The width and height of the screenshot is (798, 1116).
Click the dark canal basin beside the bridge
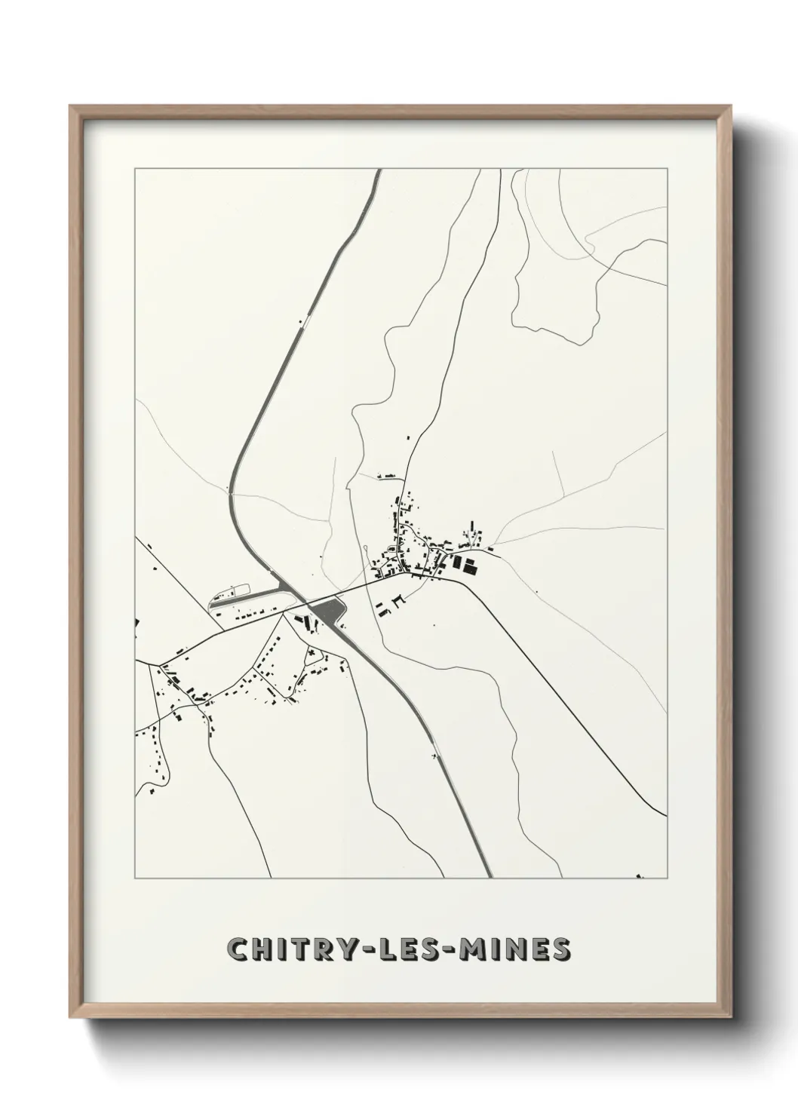pyautogui.click(x=330, y=610)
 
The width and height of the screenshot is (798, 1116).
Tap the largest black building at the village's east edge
pyautogui.click(x=470, y=569)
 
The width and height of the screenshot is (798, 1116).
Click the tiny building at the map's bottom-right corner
pyautogui.click(x=640, y=875)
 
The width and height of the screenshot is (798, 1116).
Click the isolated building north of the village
pyautogui.click(x=409, y=437)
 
